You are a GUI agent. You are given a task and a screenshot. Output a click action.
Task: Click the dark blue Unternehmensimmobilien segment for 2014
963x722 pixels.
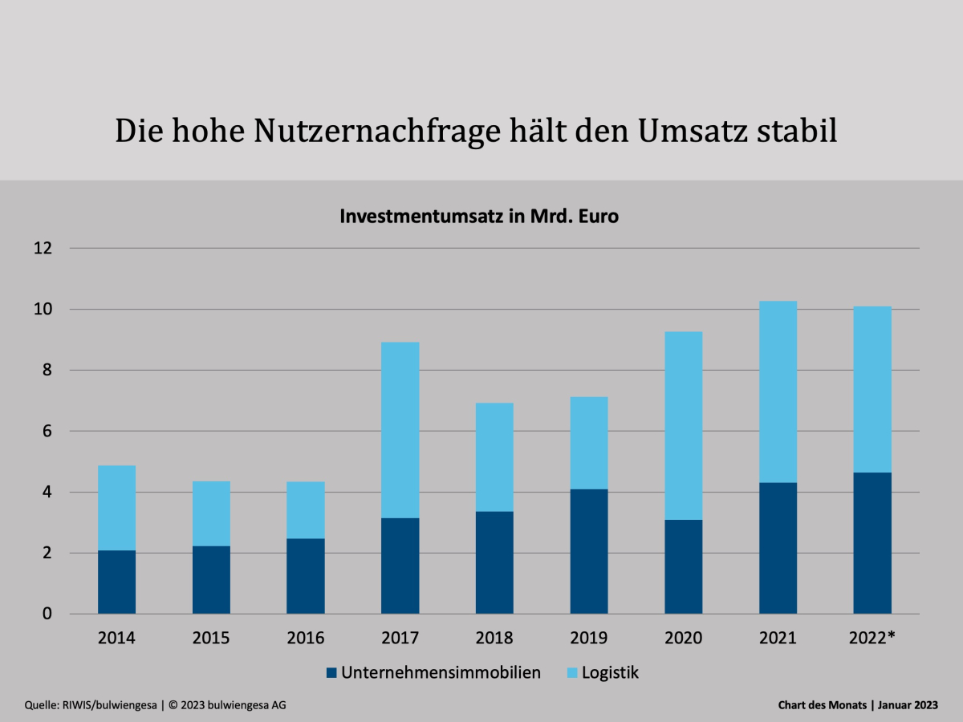point(116,582)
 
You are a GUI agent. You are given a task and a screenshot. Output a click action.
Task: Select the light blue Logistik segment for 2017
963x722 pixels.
point(400,430)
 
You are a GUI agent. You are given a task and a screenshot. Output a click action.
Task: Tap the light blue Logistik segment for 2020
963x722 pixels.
point(684,425)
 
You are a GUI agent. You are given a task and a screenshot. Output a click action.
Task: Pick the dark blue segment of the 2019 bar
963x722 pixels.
point(589,551)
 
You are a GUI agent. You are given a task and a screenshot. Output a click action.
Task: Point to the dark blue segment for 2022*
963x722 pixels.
point(872,543)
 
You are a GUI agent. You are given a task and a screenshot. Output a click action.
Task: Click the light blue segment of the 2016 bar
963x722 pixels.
point(306,509)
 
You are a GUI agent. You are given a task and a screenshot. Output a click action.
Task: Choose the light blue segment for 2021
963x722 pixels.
point(778,391)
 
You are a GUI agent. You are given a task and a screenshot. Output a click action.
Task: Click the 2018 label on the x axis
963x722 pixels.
point(494,638)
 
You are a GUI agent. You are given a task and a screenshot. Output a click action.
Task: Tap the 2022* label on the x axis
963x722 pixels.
point(872,638)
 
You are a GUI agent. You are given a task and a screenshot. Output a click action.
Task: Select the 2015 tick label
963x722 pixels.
point(211,638)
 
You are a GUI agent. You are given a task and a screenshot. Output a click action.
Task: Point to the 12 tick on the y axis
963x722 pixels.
point(43,248)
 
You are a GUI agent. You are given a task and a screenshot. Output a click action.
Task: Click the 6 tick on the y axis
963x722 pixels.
point(47,431)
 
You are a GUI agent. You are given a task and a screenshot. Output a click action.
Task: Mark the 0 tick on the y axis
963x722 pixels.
point(47,614)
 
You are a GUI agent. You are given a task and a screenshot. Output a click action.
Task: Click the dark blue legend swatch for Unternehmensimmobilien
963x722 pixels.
point(331,673)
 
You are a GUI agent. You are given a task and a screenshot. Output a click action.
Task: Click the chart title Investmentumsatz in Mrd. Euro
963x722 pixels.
point(479,217)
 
